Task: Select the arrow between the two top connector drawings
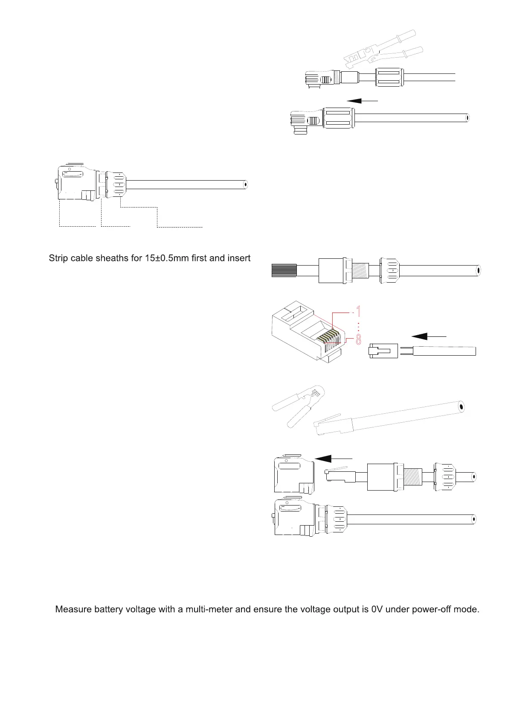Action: pyautogui.click(x=363, y=101)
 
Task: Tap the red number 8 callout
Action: pyautogui.click(x=358, y=339)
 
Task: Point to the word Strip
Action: pyautogui.click(x=58, y=258)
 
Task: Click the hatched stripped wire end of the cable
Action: pyautogui.click(x=284, y=271)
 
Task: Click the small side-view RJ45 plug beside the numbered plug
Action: pyautogui.click(x=383, y=351)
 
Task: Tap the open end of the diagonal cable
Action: pyautogui.click(x=461, y=406)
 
